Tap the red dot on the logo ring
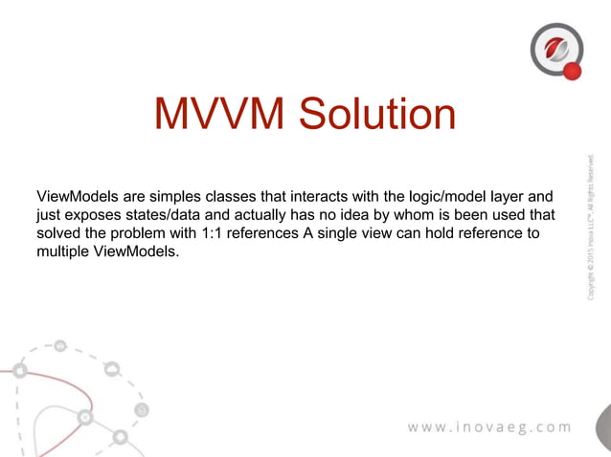tap(573, 71)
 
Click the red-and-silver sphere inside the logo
tap(554, 46)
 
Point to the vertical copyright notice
tap(592, 227)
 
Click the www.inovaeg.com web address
tap(489, 426)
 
